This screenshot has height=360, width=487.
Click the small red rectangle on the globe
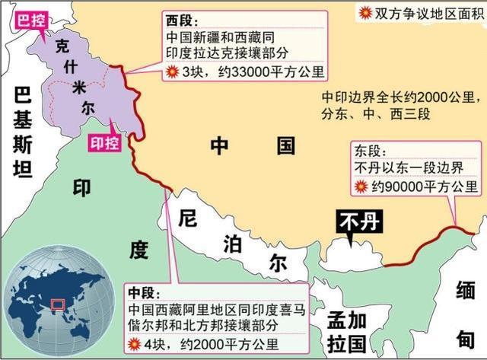coord(57,306)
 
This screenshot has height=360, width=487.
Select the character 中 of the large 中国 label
coord(220,146)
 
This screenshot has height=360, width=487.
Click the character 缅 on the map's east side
coord(465,292)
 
